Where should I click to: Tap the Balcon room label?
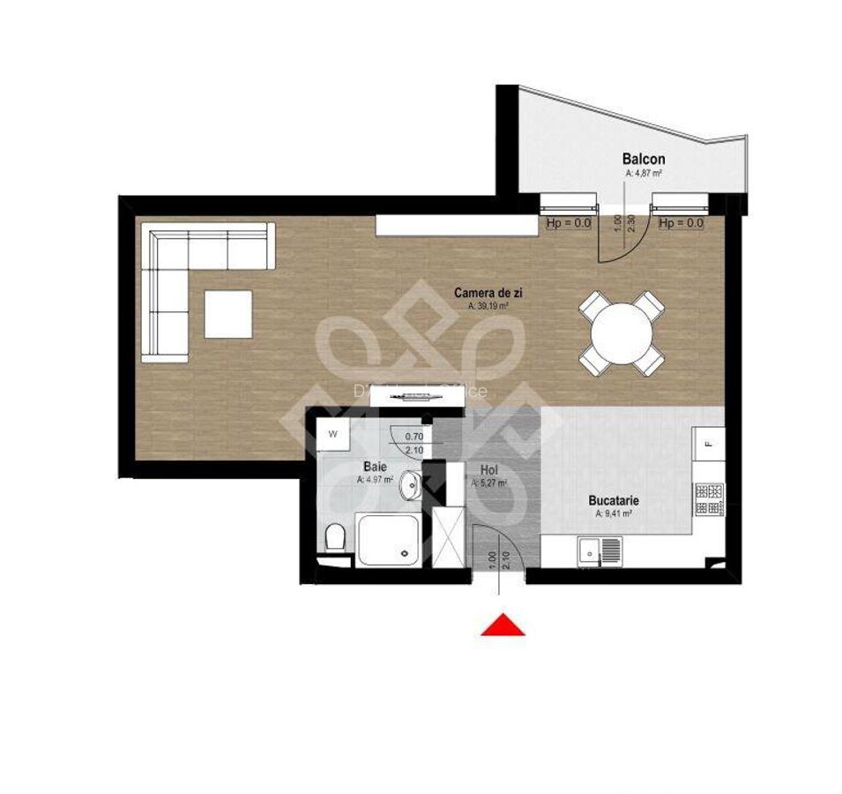coord(644,160)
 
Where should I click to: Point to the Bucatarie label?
coord(614,500)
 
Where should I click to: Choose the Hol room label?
coord(489,470)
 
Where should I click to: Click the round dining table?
coord(622,333)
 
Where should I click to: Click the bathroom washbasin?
coord(411,484)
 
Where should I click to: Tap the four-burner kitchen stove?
coord(709,499)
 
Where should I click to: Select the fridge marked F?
coord(708,438)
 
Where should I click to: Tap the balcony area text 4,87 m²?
coord(644,175)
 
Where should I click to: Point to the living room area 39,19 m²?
coord(488,306)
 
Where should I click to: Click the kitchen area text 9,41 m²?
coord(614,513)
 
